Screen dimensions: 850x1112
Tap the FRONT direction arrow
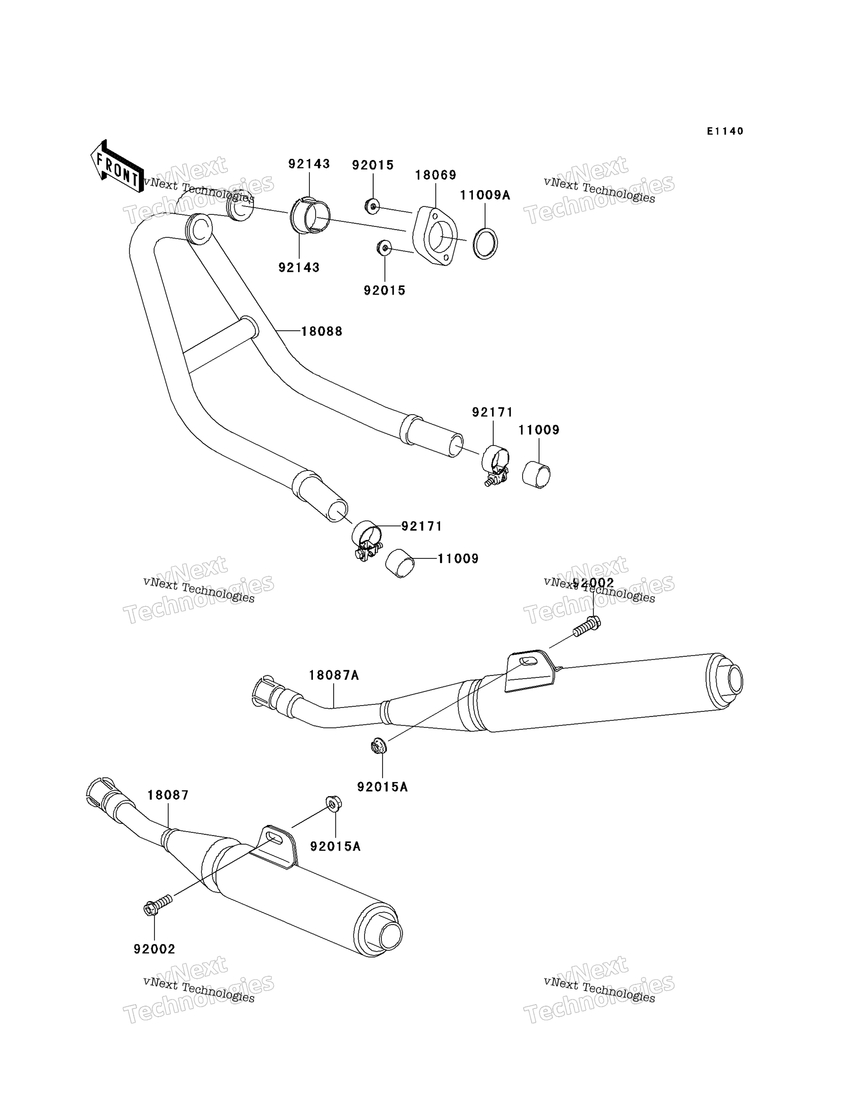pos(117,167)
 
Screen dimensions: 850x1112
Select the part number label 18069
pos(436,175)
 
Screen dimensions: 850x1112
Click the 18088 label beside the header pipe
pos(322,331)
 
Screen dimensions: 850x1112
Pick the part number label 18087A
pos(334,676)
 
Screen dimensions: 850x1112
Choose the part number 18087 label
pos(168,795)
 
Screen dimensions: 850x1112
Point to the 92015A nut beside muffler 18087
pos(334,803)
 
